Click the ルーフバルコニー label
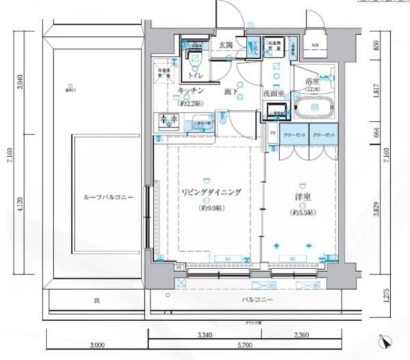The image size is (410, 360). (108, 197)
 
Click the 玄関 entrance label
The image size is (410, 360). (226, 45)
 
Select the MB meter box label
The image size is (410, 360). (314, 46)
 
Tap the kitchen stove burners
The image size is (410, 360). (169, 122)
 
